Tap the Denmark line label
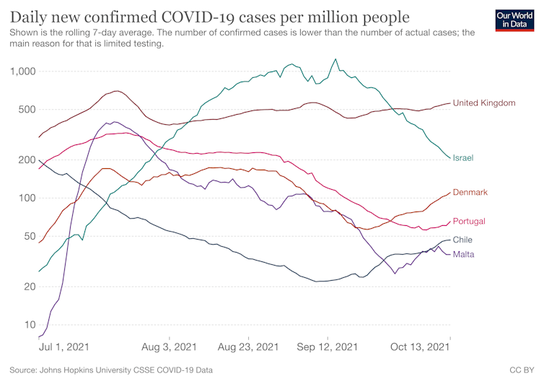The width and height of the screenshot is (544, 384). (x=470, y=192)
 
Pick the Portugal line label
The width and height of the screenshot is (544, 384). (x=469, y=221)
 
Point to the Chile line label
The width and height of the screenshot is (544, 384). (x=462, y=240)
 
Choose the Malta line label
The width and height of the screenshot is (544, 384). (x=463, y=254)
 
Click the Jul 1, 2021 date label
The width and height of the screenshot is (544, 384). (x=63, y=347)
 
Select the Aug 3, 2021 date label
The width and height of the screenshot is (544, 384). (x=170, y=347)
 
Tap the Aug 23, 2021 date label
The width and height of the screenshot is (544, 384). (x=248, y=347)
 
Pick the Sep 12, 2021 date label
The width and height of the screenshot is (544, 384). (x=327, y=347)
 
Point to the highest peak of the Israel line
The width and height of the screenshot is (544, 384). (x=335, y=59)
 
